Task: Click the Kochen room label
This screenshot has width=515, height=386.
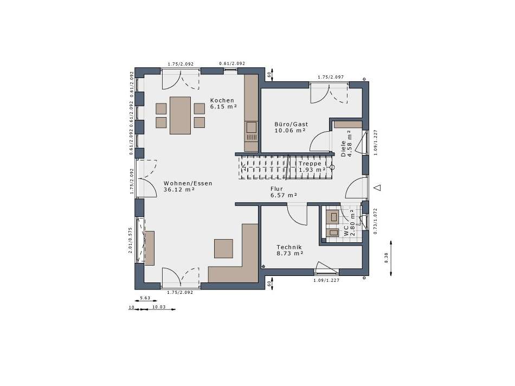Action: tap(222, 100)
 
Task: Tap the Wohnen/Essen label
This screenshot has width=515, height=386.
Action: tap(188, 183)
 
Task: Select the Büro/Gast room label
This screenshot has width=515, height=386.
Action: tap(291, 124)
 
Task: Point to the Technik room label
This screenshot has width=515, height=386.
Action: tap(289, 247)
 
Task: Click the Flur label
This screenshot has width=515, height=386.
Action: tap(276, 189)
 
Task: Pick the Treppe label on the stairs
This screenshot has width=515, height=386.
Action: tap(310, 164)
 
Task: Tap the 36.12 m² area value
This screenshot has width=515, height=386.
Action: tap(179, 190)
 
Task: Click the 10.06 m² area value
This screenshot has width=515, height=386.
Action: tap(290, 131)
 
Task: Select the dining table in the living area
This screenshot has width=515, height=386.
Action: tap(181, 115)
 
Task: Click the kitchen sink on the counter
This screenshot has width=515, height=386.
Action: tap(252, 127)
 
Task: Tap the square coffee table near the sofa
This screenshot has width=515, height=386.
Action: tap(224, 248)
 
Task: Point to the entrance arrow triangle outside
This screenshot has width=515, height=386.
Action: tap(378, 188)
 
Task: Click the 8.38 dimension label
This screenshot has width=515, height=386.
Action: tap(386, 258)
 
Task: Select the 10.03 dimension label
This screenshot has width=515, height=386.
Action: tap(159, 307)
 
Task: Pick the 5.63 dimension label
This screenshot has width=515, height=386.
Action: tap(145, 298)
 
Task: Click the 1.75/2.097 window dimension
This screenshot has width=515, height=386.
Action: tap(331, 77)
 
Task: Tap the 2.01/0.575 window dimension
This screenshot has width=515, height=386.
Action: tap(131, 241)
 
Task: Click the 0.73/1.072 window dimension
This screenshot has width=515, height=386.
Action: tap(376, 221)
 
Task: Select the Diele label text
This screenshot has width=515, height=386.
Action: tap(343, 149)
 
